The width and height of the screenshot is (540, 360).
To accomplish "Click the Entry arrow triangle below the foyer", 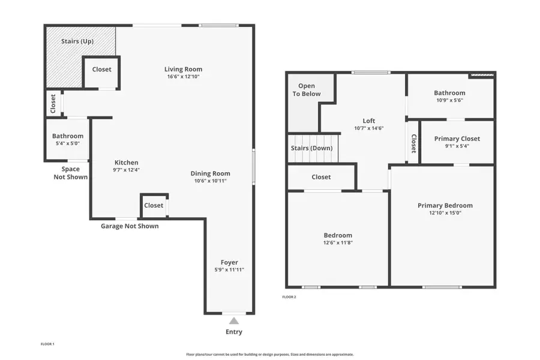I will tap(234, 321).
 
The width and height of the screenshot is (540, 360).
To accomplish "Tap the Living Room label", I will tap(184, 69).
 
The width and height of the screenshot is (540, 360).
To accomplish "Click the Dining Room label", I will tap(210, 173).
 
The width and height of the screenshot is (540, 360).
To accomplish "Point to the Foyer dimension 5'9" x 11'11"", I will tap(229, 270).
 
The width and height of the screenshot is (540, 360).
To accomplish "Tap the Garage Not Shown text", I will tap(130, 226).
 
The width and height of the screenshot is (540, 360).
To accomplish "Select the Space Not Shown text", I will tap(70, 173).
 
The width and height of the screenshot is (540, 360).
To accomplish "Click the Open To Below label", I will tap(307, 90).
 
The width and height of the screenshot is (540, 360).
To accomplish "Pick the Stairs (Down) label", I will tap(311, 148).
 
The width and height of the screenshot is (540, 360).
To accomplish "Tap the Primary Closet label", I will tap(457, 139).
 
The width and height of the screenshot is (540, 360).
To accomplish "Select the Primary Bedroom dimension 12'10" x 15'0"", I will tap(445, 213).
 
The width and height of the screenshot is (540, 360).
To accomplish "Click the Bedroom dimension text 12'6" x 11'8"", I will tap(338, 243).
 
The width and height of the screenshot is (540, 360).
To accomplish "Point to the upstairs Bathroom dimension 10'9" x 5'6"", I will tap(449, 100).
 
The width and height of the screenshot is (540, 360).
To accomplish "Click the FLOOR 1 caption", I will tap(47, 344).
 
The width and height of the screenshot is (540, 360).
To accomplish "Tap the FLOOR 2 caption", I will tap(289, 296).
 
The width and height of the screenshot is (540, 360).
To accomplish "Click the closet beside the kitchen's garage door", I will tap(154, 205).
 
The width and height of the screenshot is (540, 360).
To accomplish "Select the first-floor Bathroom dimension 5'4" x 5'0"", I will tap(67, 143).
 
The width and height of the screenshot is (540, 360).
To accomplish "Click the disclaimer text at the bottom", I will tap(270, 355).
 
